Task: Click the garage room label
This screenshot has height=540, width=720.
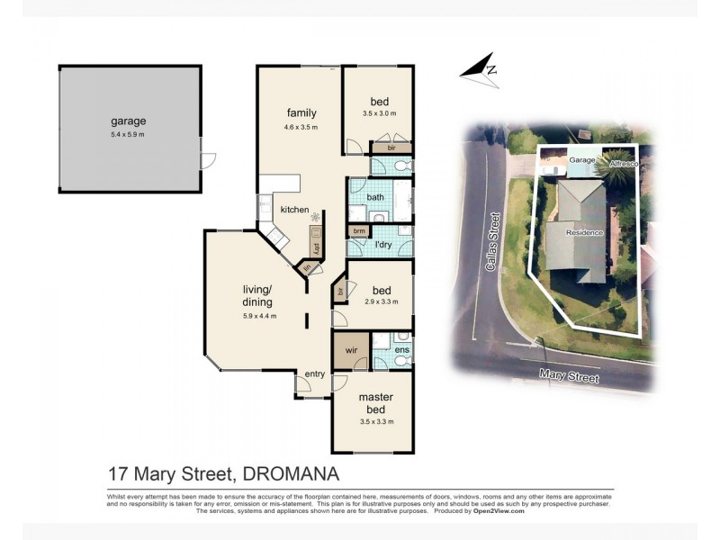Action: pyautogui.click(x=129, y=121)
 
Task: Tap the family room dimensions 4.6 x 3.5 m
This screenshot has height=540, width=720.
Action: pyautogui.click(x=301, y=128)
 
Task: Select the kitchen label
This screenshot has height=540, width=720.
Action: pyautogui.click(x=294, y=210)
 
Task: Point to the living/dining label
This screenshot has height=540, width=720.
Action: pyautogui.click(x=257, y=295)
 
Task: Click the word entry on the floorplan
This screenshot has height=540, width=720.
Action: pyautogui.click(x=315, y=374)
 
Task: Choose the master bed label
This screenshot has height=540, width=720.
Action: pyautogui.click(x=376, y=402)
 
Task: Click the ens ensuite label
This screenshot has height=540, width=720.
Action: pyautogui.click(x=401, y=349)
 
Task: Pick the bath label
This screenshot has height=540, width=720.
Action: pyautogui.click(x=375, y=197)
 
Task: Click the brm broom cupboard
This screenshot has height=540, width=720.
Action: pyautogui.click(x=359, y=231)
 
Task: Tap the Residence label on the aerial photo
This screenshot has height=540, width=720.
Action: pyautogui.click(x=584, y=233)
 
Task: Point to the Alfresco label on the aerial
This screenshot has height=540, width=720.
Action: pyautogui.click(x=623, y=165)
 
